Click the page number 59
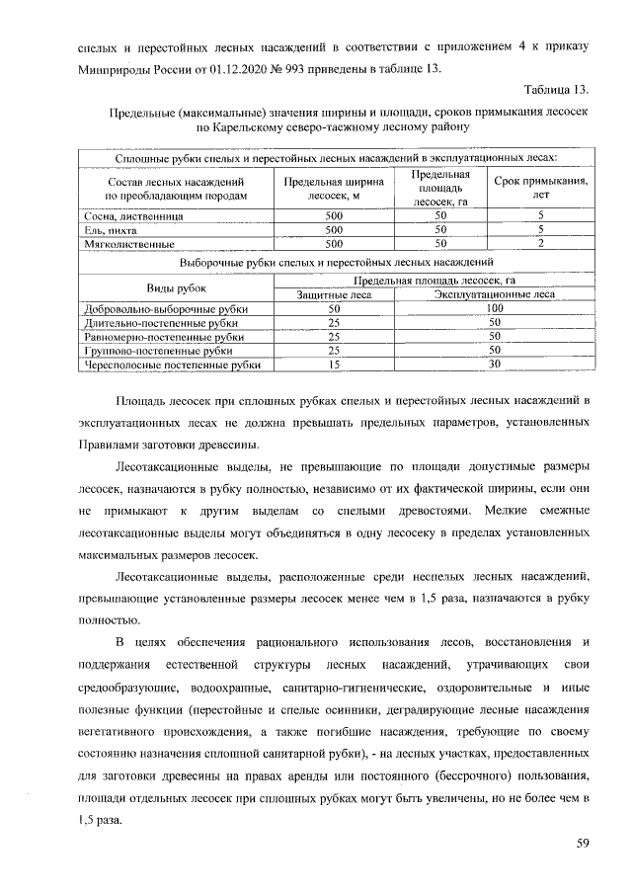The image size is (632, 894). tap(582, 843)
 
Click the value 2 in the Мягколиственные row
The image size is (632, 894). tap(540, 243)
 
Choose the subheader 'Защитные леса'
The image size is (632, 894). tap(333, 294)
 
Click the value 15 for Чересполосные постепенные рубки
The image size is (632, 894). tap(333, 365)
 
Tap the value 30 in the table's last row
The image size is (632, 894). tap(495, 365)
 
